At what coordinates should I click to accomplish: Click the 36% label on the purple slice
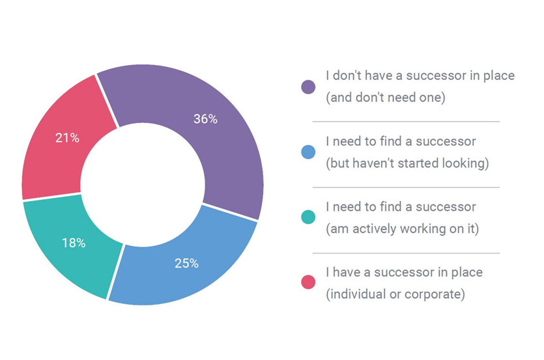[205, 119]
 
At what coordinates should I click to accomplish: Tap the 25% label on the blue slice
[186, 263]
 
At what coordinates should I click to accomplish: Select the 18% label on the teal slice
[74, 243]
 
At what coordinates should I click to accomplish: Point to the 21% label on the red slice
[67, 138]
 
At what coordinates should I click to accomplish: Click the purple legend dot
[308, 87]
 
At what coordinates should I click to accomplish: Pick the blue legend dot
[308, 152]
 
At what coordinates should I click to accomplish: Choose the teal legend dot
[308, 217]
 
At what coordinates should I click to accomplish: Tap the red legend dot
[308, 282]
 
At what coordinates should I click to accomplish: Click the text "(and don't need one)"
[386, 98]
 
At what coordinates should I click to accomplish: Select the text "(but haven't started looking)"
[407, 163]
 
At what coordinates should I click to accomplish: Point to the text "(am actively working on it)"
[403, 228]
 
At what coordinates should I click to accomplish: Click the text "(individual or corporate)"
[395, 294]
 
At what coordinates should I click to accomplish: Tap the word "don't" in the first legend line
[345, 76]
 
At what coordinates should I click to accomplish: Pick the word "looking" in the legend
[463, 163]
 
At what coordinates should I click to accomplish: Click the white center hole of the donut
[143, 184]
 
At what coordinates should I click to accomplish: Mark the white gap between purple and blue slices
[230, 212]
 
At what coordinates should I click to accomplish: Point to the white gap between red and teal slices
[51, 197]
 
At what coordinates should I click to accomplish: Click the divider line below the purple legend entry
[406, 122]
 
